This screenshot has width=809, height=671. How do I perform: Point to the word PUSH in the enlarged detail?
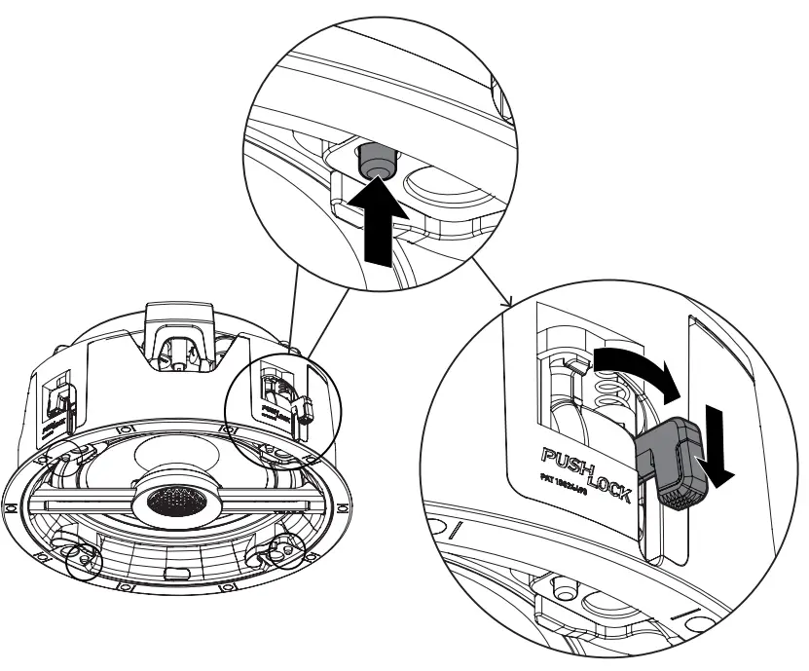click(x=563, y=457)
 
